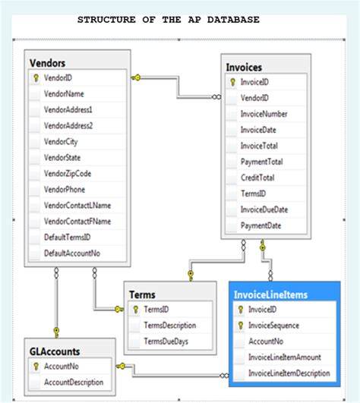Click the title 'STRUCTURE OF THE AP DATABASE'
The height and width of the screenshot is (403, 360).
click(168, 20)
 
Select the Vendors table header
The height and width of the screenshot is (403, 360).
click(47, 62)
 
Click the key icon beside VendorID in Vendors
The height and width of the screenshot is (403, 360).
click(35, 77)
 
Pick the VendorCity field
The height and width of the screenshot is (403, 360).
click(61, 141)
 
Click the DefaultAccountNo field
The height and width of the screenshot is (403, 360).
click(71, 253)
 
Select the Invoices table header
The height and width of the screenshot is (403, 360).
click(245, 67)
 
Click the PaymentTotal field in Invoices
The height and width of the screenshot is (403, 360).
click(262, 162)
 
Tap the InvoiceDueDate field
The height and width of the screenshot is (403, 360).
click(264, 209)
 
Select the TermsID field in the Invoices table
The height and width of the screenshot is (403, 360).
click(254, 194)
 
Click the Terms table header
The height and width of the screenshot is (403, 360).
click(143, 294)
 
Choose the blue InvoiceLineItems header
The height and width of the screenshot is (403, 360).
click(271, 294)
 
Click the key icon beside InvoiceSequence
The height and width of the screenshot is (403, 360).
click(241, 326)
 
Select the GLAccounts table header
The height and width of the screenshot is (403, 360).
click(54, 351)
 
